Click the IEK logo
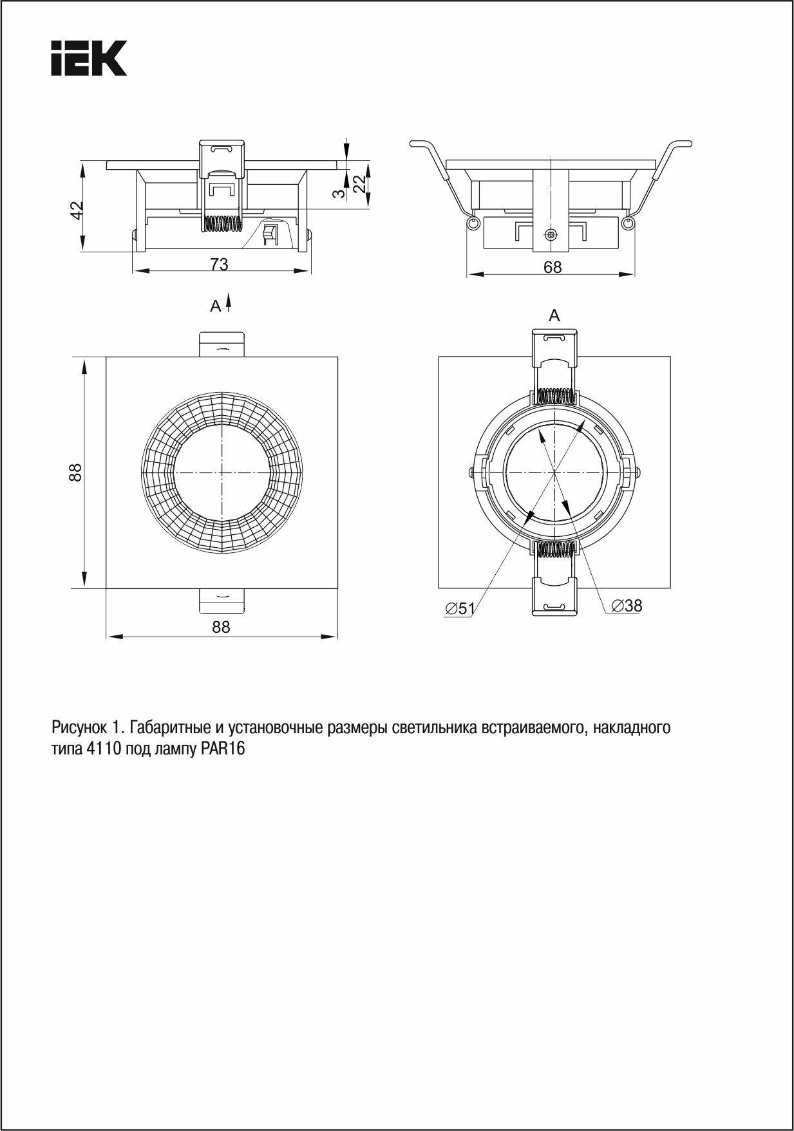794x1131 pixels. click(x=89, y=58)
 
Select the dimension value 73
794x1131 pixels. click(x=219, y=265)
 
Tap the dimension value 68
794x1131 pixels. click(x=552, y=267)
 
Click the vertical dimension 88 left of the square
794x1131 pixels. click(x=76, y=472)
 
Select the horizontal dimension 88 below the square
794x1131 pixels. click(x=221, y=627)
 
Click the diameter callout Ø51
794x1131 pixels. click(x=460, y=608)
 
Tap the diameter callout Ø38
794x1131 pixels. click(x=627, y=606)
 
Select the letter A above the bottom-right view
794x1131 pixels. click(x=554, y=315)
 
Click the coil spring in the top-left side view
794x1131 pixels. click(x=222, y=223)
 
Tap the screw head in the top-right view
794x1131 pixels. click(x=550, y=234)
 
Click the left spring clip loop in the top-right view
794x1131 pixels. click(x=474, y=223)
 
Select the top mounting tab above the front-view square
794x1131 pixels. click(x=222, y=344)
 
